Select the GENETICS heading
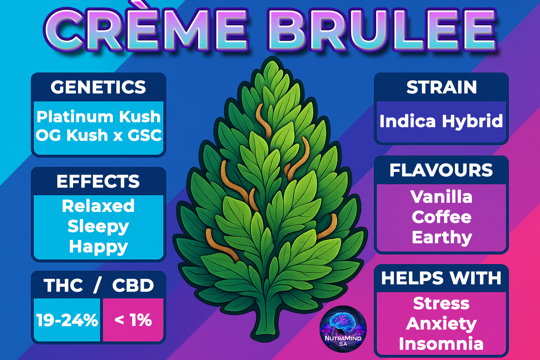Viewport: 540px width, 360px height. (98, 87)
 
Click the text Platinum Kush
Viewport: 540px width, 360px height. (98, 117)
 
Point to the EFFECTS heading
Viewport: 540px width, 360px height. (98, 181)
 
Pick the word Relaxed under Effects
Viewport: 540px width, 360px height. (98, 206)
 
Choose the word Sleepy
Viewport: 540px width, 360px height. (98, 227)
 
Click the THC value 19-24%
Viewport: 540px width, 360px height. (67, 320)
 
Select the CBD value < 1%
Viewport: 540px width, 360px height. (133, 320)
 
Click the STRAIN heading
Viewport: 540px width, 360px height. (442, 87)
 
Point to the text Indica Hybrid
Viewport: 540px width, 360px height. (441, 121)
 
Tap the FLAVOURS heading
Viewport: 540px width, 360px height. (441, 170)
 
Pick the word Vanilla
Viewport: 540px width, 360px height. (442, 197)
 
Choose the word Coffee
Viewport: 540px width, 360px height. (442, 217)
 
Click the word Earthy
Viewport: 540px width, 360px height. (442, 238)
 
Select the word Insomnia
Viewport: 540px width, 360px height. (441, 343)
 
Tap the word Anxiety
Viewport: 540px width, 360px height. (441, 324)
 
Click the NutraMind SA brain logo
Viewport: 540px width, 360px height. (343, 329)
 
